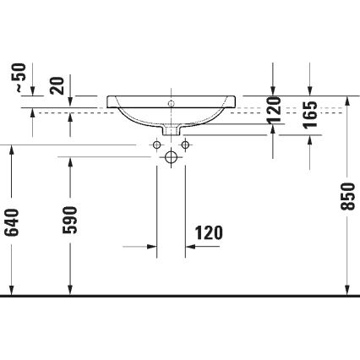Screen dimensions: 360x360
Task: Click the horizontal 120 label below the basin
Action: pos(209,232)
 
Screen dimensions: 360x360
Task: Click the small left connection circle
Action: pos(156,145)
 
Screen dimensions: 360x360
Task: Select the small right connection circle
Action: pos(186,145)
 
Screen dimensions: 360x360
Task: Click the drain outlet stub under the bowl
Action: pos(172,130)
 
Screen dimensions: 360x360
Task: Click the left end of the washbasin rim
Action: pos(109,101)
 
